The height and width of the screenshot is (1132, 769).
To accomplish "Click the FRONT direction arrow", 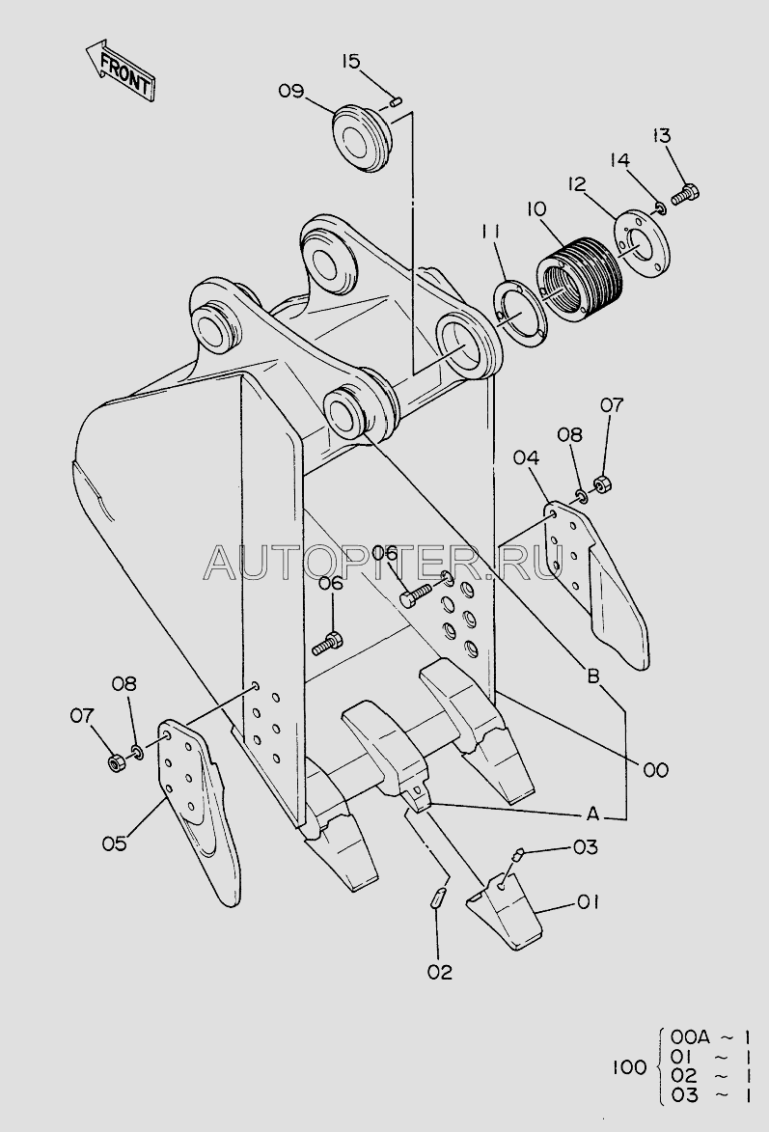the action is coord(121,70).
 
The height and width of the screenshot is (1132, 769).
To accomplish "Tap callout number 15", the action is coord(351,62).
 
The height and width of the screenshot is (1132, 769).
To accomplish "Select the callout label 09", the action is coord(291,92).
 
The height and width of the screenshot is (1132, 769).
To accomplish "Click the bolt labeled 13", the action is coord(685,193).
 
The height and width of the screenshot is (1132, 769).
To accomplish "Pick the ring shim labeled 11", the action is coord(520,315).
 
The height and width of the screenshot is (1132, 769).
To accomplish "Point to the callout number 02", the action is coord(439,973).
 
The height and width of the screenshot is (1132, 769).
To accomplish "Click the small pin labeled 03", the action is coord(517,855).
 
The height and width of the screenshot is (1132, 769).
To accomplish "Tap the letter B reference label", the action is coord(592,676).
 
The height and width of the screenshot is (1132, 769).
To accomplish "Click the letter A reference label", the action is coord(592,814).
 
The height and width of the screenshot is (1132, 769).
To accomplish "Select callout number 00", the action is coord(656,770).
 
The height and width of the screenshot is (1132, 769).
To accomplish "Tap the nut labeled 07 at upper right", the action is coord(605,483).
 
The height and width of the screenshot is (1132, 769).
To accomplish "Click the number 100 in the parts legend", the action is coord(630,1066).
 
